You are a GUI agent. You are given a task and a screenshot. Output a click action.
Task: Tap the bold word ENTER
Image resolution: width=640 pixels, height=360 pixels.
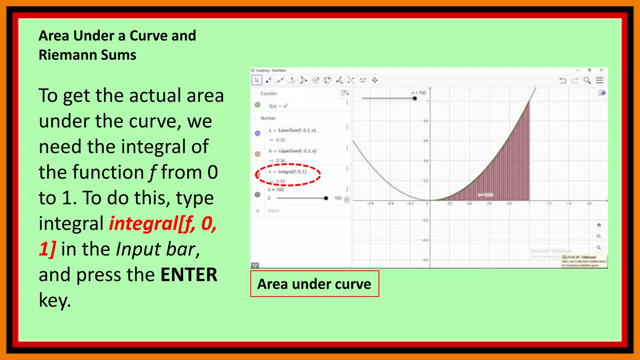point(188,275)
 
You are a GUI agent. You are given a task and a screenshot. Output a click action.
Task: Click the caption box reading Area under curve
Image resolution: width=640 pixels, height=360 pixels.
point(314,284)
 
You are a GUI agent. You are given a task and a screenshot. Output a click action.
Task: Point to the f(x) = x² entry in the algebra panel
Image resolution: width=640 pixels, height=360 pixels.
point(278,106)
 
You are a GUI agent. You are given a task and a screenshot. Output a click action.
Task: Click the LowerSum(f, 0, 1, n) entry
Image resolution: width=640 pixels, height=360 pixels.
point(297,130)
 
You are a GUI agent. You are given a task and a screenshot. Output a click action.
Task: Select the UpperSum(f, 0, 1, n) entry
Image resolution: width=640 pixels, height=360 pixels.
point(297,151)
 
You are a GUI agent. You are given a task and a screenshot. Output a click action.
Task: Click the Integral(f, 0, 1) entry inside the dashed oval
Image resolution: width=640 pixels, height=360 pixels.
point(292,172)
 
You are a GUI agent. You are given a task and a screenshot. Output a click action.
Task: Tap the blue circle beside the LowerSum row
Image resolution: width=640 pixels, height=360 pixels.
point(257,133)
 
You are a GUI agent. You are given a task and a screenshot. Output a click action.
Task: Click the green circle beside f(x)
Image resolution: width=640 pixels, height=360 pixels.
point(257,105)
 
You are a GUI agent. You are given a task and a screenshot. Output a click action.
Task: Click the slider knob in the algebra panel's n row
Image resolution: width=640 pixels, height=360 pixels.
point(326,198)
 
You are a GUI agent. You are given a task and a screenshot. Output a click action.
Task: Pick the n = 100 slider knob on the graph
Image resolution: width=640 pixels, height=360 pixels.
point(415,98)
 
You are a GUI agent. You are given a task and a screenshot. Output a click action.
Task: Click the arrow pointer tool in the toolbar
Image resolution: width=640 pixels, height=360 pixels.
point(257,80)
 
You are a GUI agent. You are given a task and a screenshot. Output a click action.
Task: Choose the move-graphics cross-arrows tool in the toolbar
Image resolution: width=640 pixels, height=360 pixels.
point(375,80)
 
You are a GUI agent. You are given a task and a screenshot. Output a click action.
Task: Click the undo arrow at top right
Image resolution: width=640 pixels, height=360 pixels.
point(562,81)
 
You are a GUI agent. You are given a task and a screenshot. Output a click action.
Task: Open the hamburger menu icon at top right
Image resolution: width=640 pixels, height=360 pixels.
point(599,80)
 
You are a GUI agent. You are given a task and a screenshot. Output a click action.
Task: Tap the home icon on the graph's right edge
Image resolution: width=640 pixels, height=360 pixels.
point(599,225)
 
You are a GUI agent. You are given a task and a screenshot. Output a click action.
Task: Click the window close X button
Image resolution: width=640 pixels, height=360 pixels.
point(601,70)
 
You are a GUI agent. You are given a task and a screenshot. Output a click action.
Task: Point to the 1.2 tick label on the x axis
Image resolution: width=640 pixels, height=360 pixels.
point(549,204)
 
